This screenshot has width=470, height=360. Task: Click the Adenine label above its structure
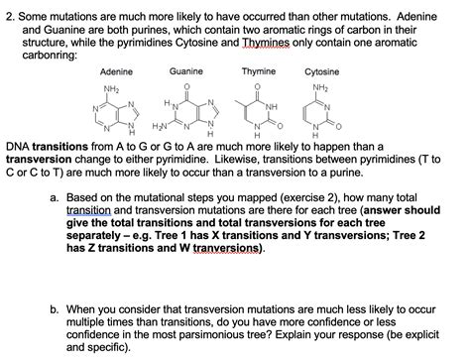118,72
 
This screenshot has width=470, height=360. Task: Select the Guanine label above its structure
185,71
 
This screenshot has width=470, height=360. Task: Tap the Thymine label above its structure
258,71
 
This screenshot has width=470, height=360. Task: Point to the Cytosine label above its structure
321,72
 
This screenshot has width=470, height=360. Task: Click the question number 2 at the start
11,8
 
